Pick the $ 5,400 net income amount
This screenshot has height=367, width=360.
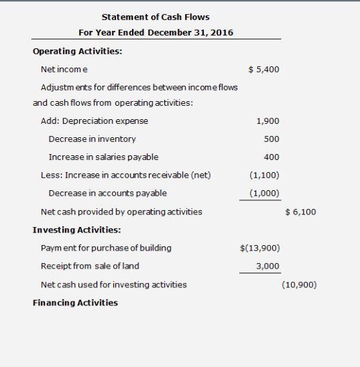(263, 70)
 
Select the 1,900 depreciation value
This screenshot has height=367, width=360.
(268, 121)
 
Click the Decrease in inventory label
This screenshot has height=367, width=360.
(92, 139)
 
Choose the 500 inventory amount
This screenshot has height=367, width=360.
(272, 139)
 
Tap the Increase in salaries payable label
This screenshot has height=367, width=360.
(103, 157)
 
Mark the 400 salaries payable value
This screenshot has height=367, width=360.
(272, 157)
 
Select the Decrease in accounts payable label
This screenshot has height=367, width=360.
(108, 194)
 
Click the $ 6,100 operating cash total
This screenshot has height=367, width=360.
(300, 212)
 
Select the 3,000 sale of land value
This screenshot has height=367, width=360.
(268, 266)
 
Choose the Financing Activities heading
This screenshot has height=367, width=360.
(75, 303)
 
